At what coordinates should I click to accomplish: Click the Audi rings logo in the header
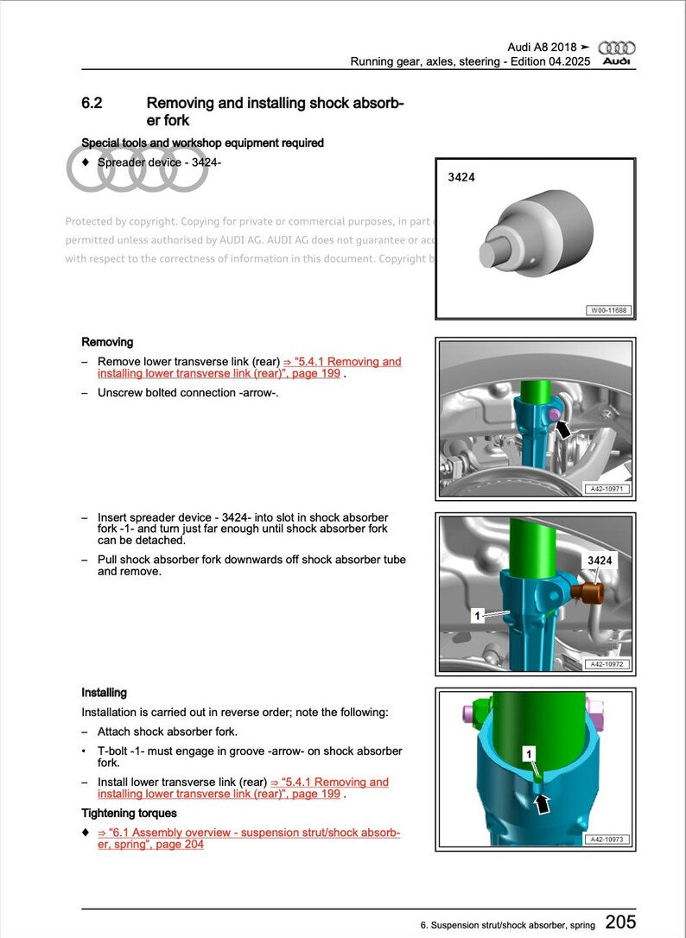(x=616, y=48)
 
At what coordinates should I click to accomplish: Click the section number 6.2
(x=92, y=104)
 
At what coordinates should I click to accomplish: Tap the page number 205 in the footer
(x=620, y=922)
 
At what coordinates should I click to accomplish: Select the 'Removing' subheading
(x=107, y=342)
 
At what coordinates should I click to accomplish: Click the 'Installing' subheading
(x=104, y=693)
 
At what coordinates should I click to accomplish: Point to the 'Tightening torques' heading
(x=129, y=813)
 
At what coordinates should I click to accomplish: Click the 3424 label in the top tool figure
(x=461, y=177)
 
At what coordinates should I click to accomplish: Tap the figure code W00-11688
(x=608, y=310)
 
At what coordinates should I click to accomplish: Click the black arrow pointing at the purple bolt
(x=563, y=428)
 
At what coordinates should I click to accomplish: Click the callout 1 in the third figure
(x=476, y=616)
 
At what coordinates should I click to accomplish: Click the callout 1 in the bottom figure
(x=530, y=754)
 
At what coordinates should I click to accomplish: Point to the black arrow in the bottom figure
(x=542, y=803)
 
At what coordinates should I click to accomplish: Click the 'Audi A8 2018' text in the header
(x=541, y=48)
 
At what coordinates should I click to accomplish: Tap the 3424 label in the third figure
(x=600, y=561)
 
